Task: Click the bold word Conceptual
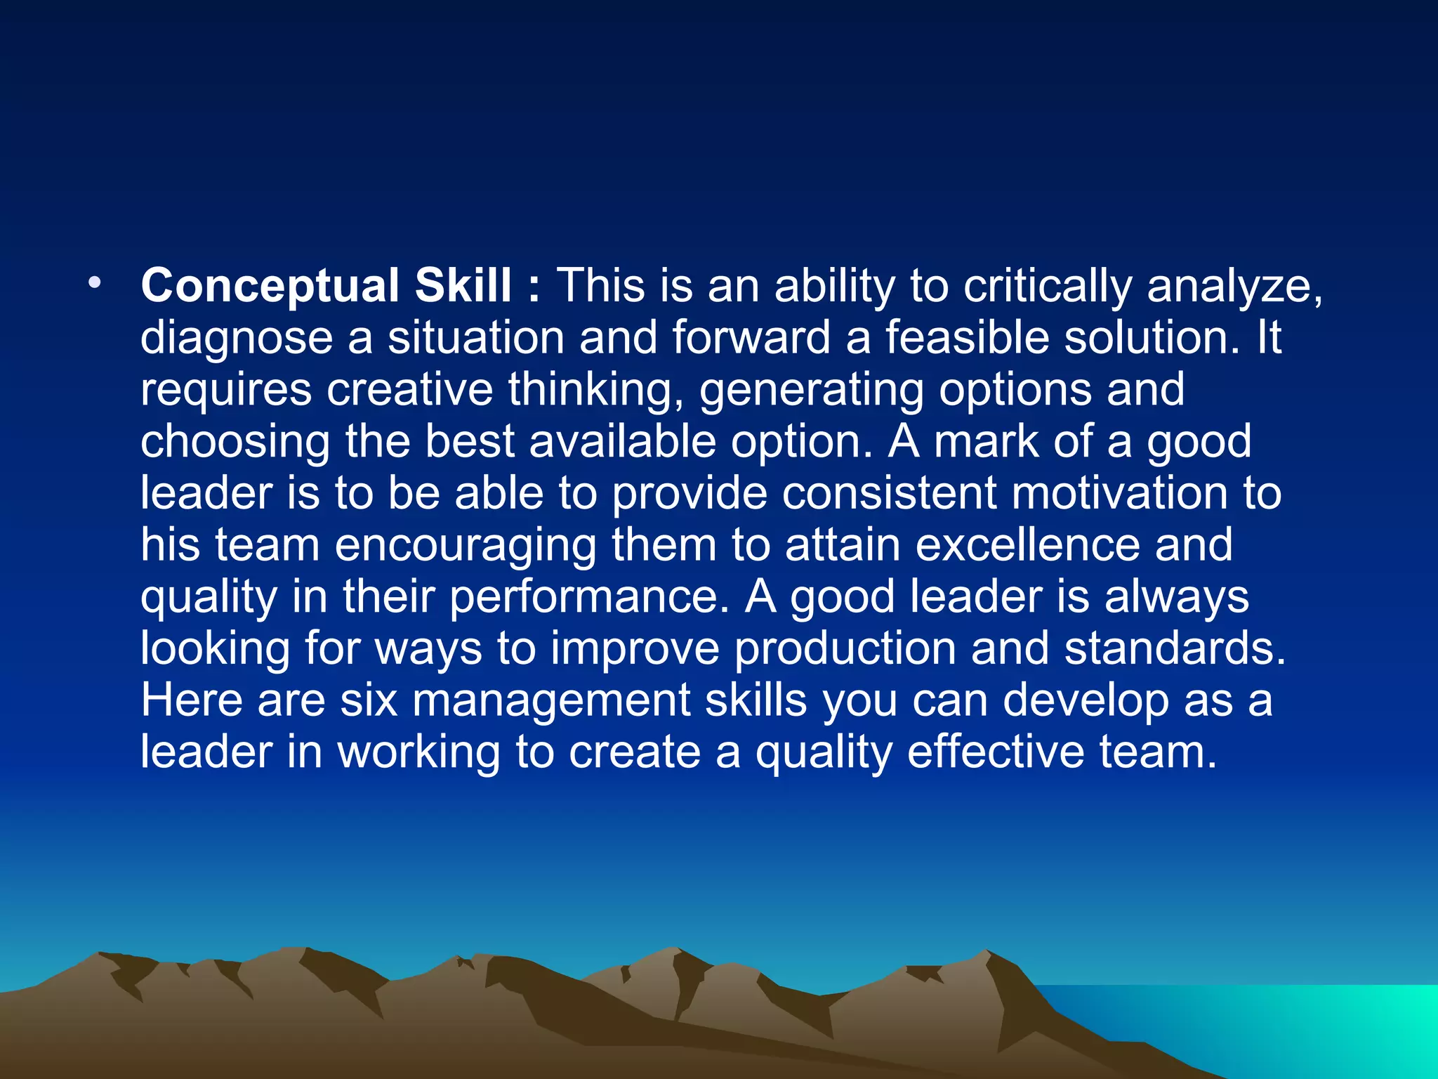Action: pos(270,287)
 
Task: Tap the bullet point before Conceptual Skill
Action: pos(95,282)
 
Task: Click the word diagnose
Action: pos(237,339)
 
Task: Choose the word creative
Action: pos(409,390)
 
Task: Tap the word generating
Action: pos(811,390)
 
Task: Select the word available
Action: pos(622,442)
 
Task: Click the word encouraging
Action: pos(466,545)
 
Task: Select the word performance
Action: pos(588,597)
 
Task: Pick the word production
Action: pos(845,648)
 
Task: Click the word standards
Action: pos(1175,648)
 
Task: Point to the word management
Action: pos(551,700)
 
